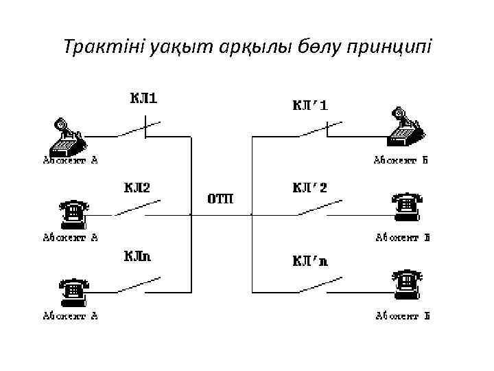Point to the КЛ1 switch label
click(143, 98)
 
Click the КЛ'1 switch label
click(311, 106)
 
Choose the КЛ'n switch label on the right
click(311, 261)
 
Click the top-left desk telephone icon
click(67, 136)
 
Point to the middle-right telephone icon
click(406, 206)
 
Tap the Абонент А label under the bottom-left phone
click(71, 316)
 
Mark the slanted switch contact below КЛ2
click(137, 207)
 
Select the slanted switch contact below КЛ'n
click(320, 284)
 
